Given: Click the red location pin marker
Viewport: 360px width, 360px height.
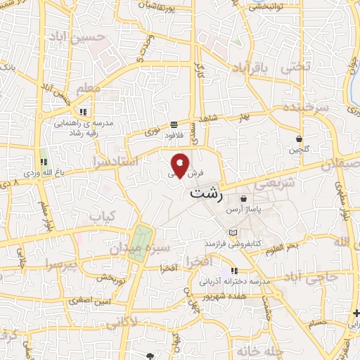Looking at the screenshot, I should (181, 166).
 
